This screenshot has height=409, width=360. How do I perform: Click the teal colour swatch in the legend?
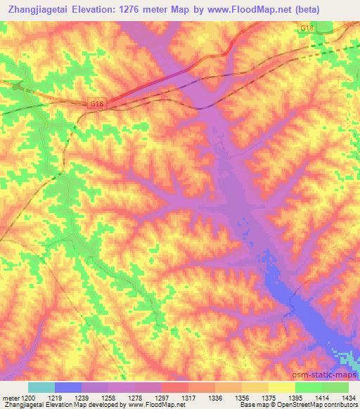point(41,387)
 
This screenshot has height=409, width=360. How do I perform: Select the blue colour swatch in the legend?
point(68,387)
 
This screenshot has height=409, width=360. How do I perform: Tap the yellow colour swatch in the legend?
point(281,387)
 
